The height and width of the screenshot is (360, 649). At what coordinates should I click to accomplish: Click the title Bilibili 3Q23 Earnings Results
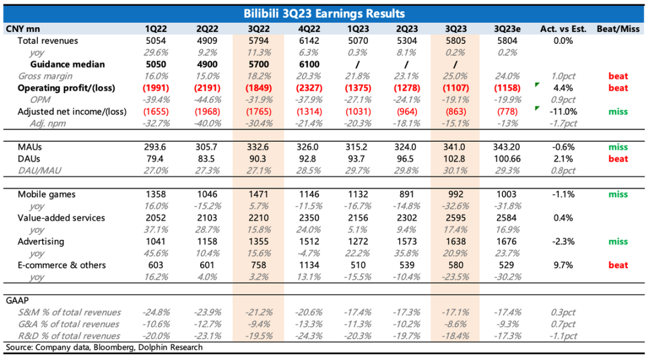(324, 13)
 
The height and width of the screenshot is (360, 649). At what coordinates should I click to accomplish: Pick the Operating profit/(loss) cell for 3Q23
(455, 88)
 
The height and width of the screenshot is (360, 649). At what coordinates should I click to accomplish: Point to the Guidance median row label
(67, 64)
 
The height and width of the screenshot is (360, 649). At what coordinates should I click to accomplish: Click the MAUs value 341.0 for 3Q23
(455, 147)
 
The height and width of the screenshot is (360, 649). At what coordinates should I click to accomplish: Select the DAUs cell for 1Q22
(155, 159)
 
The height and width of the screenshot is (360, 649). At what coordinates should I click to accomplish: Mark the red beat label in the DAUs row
(618, 159)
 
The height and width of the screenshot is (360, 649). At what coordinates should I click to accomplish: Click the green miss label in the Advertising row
(618, 241)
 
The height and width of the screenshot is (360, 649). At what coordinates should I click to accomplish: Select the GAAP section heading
(18, 300)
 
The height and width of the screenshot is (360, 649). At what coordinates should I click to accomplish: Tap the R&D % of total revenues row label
(69, 336)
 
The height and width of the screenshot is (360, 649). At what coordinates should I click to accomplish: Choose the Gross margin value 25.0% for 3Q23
(455, 76)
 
